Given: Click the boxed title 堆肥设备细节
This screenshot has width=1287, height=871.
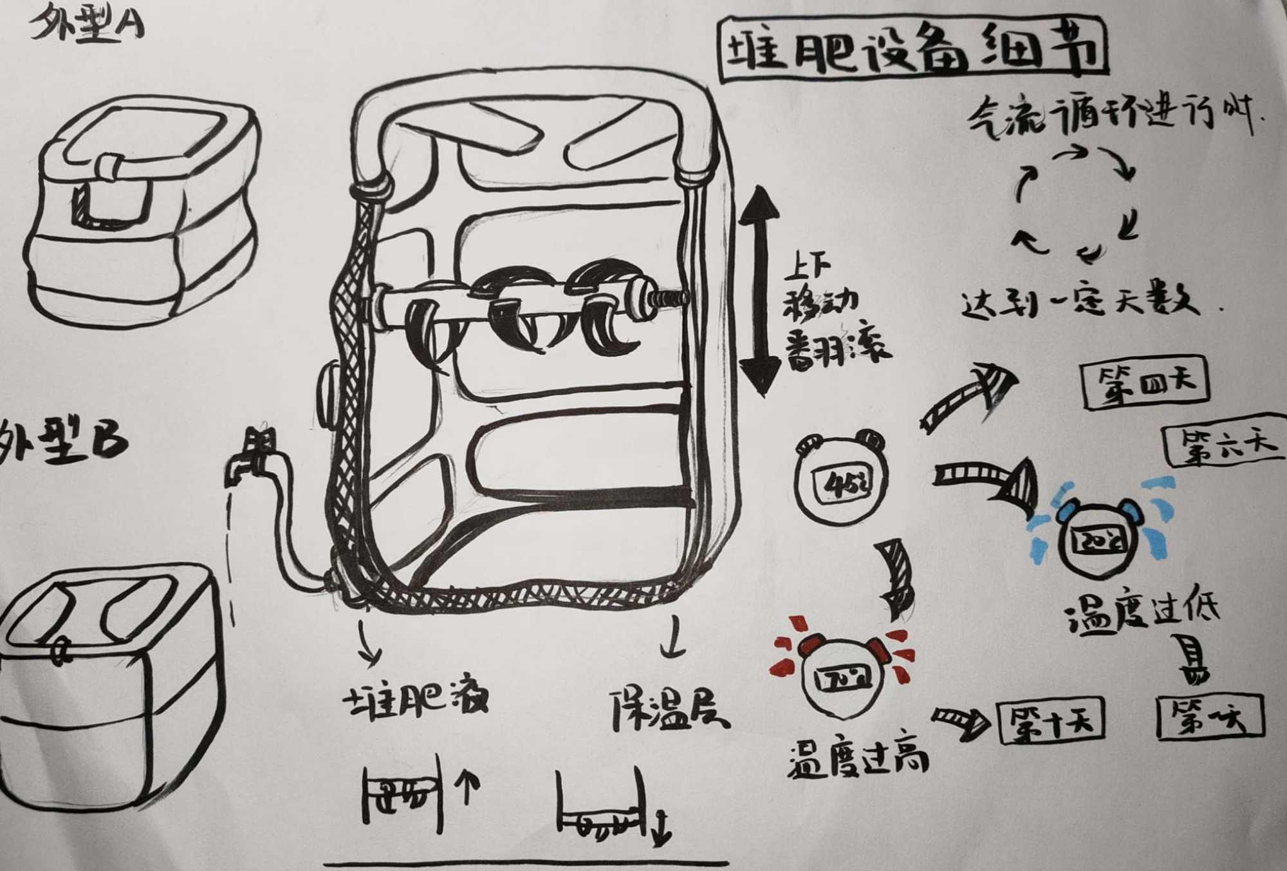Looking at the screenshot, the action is coord(912,50).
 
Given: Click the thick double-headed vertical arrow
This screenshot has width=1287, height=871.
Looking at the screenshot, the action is coord(759,290).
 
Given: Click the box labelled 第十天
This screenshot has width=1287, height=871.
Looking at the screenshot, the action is coord(1050,719).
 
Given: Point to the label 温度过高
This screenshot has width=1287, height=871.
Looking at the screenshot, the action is coord(858,759).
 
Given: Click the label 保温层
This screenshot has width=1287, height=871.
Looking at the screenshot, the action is coord(669,709).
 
